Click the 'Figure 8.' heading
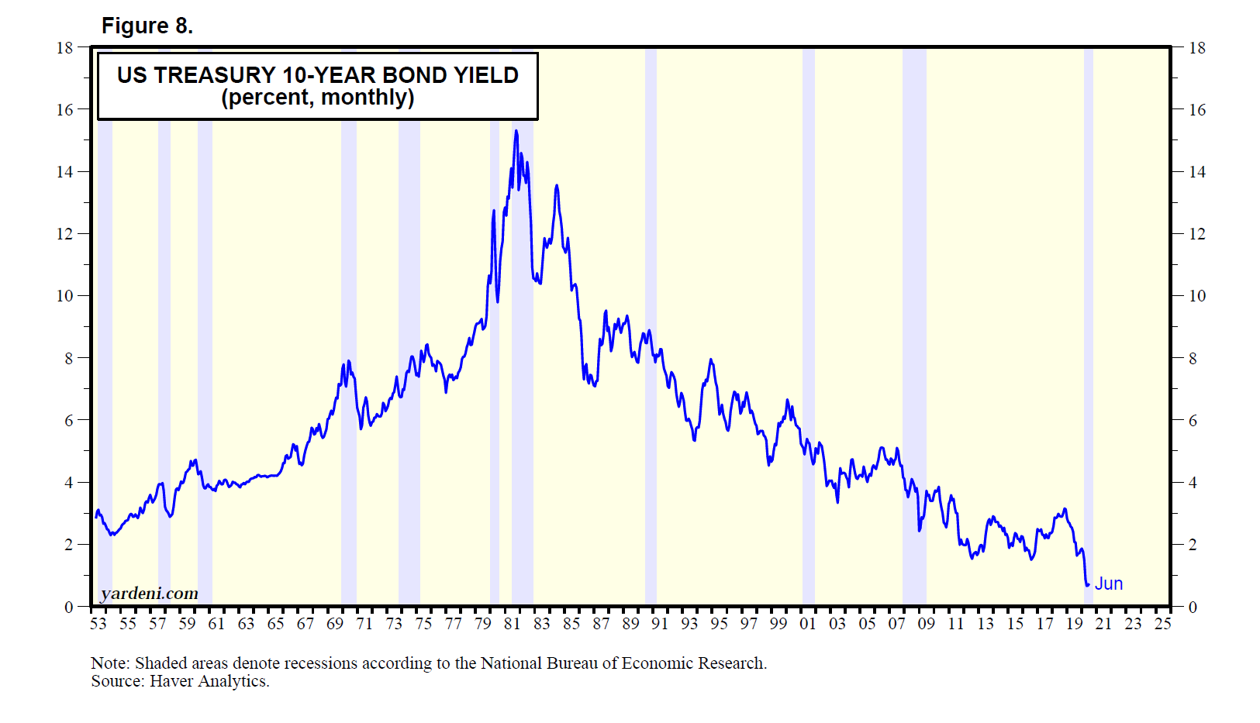pyautogui.click(x=147, y=26)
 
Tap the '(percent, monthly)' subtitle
pyautogui.click(x=318, y=98)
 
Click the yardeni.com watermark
pyautogui.click(x=149, y=594)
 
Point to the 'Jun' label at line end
pyautogui.click(x=1108, y=584)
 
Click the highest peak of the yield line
pyautogui.click(x=516, y=131)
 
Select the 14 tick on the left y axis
pyautogui.click(x=64, y=172)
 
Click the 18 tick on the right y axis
pyautogui.click(x=1197, y=48)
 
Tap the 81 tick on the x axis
pyautogui.click(x=512, y=624)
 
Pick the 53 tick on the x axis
pyautogui.click(x=98, y=624)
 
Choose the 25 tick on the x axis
pyautogui.click(x=1162, y=624)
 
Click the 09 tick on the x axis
pyautogui.click(x=926, y=624)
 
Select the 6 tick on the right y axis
pyautogui.click(x=1193, y=421)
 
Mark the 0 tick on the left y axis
pyautogui.click(x=69, y=607)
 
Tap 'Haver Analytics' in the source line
pyautogui.click(x=209, y=681)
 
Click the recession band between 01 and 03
pyautogui.click(x=809, y=325)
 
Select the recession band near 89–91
pyautogui.click(x=651, y=325)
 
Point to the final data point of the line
pyautogui.click(x=1088, y=584)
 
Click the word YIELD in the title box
pyautogui.click(x=486, y=75)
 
